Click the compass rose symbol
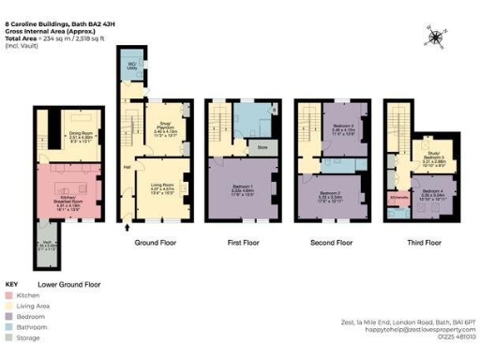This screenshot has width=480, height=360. tap(436, 37)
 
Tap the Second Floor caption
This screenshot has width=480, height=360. tap(330, 242)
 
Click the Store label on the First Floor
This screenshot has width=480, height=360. tap(262, 147)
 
